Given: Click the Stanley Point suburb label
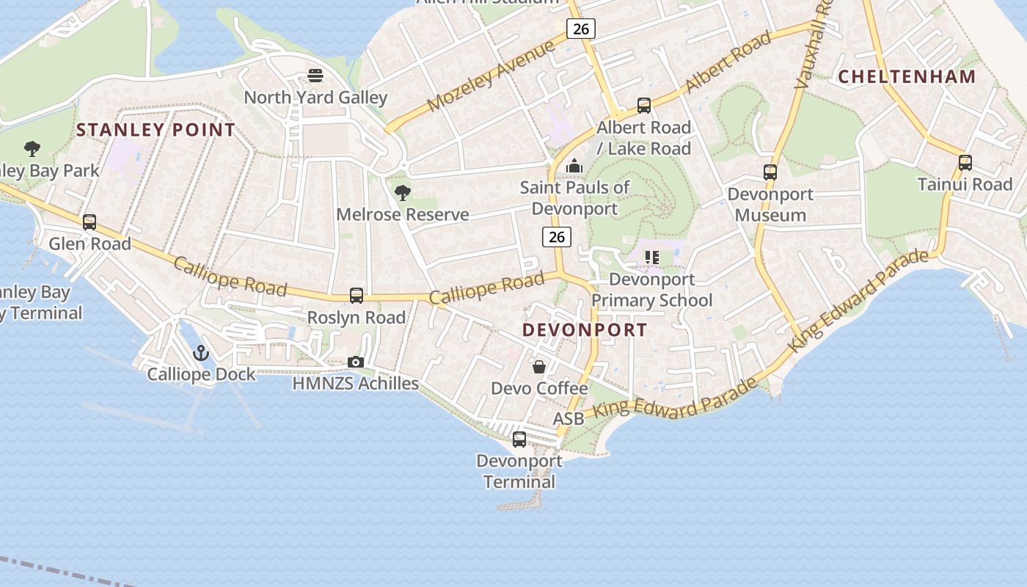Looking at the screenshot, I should (x=156, y=131).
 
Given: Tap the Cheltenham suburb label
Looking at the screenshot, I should (x=907, y=76).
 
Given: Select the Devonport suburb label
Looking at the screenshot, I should (x=585, y=330).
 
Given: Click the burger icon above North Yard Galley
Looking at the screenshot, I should (x=315, y=76).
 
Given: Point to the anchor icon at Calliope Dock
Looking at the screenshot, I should (x=201, y=353).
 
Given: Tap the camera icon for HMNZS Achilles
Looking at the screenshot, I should (x=356, y=362).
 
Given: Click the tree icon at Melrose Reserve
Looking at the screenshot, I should (x=402, y=193).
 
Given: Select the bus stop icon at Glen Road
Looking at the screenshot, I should (x=89, y=222).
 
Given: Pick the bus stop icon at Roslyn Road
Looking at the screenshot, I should (x=357, y=296).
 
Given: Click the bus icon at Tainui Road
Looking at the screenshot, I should (x=965, y=163).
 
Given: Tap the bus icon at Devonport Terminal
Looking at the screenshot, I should (x=519, y=440).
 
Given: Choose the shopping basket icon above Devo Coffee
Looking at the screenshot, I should (x=539, y=367).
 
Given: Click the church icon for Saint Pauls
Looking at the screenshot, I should (x=574, y=167).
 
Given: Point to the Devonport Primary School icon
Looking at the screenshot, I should (x=651, y=258).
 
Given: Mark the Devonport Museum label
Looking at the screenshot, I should (x=770, y=205).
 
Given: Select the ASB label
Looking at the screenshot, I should (x=569, y=418).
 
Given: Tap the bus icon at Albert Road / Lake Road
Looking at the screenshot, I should (x=644, y=106).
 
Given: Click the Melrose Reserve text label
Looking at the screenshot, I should (x=403, y=214).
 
